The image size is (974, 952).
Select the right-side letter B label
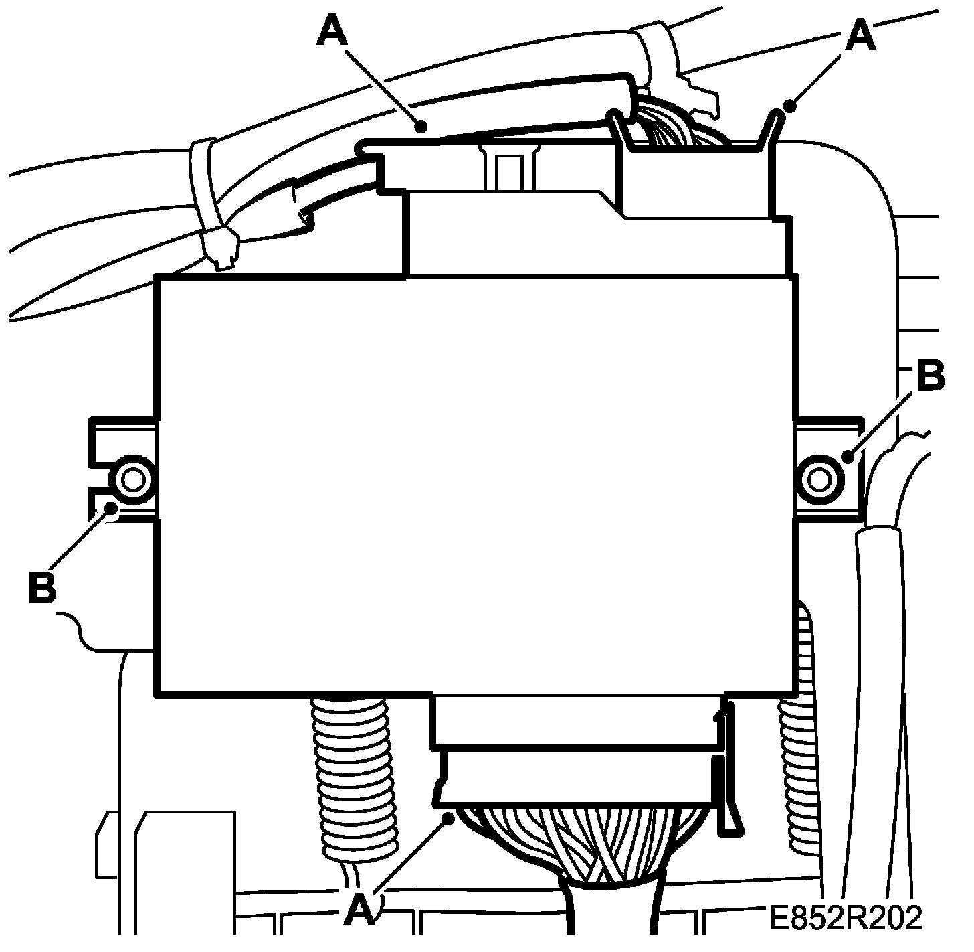pyautogui.click(x=931, y=377)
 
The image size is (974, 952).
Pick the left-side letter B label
pyautogui.click(x=41, y=586)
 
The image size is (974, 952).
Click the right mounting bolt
pyautogui.click(x=819, y=479)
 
